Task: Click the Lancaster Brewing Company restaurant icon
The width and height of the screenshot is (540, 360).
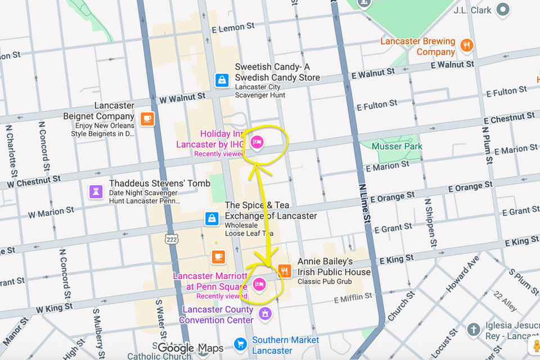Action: pyautogui.click(x=466, y=46)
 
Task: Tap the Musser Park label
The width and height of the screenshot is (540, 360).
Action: pyautogui.click(x=397, y=146)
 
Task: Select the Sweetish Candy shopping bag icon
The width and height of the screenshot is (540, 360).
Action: pyautogui.click(x=222, y=80)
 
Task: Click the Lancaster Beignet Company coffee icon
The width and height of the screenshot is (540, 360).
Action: pyautogui.click(x=147, y=119)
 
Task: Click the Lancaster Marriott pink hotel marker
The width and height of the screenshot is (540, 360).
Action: pyautogui.click(x=259, y=284)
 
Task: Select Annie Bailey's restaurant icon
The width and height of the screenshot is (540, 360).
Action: pyautogui.click(x=285, y=271)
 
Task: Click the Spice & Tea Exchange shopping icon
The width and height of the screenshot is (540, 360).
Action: pyautogui.click(x=211, y=218)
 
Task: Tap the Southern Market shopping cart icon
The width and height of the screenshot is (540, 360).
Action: pyautogui.click(x=240, y=344)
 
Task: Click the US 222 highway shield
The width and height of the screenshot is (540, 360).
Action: pyautogui.click(x=171, y=239)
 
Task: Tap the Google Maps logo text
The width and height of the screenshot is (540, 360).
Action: pyautogui.click(x=190, y=348)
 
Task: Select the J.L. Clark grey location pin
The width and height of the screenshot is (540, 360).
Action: pyautogui.click(x=503, y=10)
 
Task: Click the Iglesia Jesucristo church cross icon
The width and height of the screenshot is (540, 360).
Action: pyautogui.click(x=474, y=328)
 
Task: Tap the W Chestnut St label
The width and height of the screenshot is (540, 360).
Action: pyautogui.click(x=34, y=182)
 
